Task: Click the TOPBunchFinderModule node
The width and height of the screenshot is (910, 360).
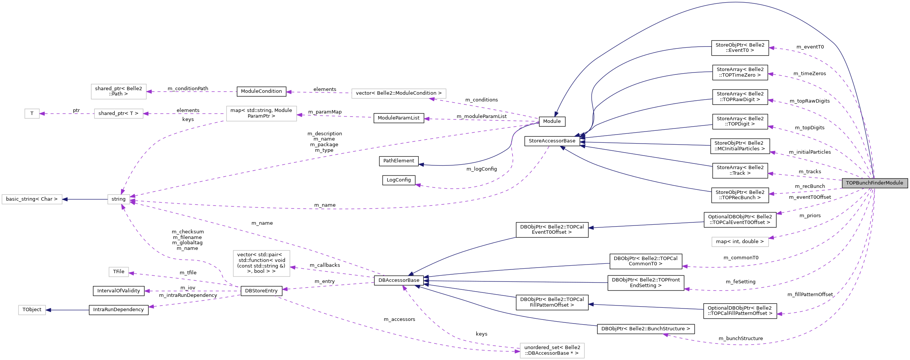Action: pos(875,183)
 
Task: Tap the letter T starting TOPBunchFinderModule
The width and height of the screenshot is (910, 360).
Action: pos(848,183)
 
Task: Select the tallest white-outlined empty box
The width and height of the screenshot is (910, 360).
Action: pos(261,263)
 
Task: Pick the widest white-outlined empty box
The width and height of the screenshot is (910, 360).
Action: pos(398,94)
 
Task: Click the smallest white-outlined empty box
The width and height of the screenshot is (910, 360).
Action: pos(32,113)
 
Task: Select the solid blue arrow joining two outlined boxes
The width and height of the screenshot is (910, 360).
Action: pos(85,199)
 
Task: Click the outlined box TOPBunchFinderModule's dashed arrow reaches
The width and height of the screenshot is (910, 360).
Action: pos(740,242)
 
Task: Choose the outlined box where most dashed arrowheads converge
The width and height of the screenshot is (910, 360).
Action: pos(118,199)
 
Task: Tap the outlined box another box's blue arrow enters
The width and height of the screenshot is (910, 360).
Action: pos(32,199)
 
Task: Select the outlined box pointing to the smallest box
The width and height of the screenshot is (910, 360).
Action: pos(118,113)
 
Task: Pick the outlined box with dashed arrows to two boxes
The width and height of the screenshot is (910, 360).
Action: pos(261,113)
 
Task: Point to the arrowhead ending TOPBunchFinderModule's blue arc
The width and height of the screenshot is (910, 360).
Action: pos(556,114)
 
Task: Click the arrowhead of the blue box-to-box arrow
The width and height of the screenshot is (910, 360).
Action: pos(65,199)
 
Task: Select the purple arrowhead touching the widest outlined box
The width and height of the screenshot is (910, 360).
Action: pos(432,99)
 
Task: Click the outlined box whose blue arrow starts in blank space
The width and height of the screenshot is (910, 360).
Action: pos(32,310)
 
